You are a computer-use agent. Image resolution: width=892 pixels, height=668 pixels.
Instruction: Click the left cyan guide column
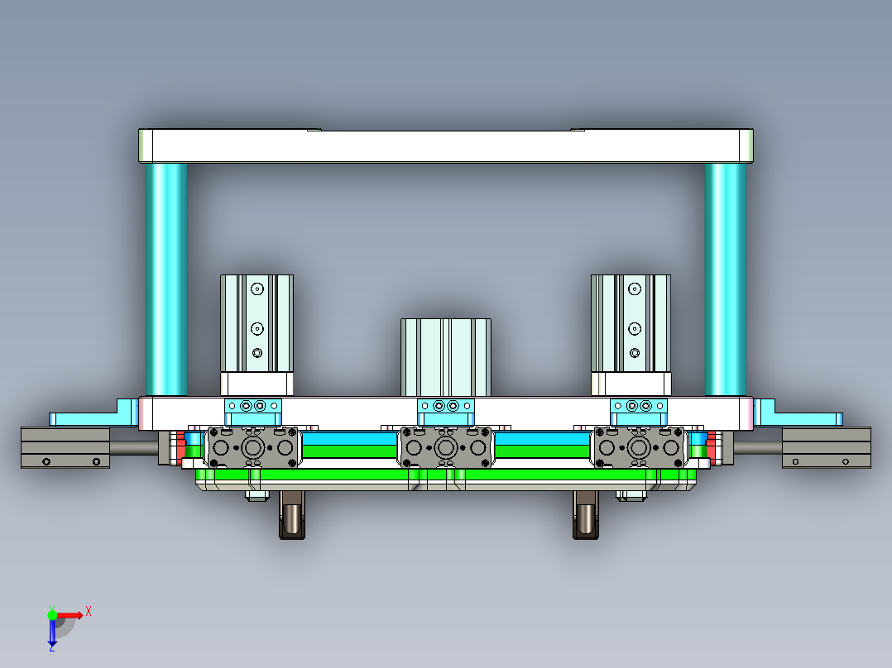click(x=166, y=279)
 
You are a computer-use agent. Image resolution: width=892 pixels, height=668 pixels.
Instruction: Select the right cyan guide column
click(x=725, y=279)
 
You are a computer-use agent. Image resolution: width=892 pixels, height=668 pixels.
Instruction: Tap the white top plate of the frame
click(x=445, y=146)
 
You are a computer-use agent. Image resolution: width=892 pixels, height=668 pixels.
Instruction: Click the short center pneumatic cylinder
click(x=446, y=356)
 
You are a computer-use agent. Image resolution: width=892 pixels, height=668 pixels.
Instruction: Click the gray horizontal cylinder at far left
click(x=65, y=447)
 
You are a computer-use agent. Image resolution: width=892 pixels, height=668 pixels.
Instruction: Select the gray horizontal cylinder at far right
click(x=826, y=447)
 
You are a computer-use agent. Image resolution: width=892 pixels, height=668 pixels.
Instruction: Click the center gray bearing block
click(x=446, y=448)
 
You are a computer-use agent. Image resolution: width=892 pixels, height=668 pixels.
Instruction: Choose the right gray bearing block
click(x=639, y=448)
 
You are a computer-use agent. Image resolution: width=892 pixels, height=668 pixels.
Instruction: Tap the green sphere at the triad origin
click(x=52, y=614)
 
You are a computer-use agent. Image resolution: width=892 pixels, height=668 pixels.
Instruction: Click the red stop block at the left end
click(x=180, y=446)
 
